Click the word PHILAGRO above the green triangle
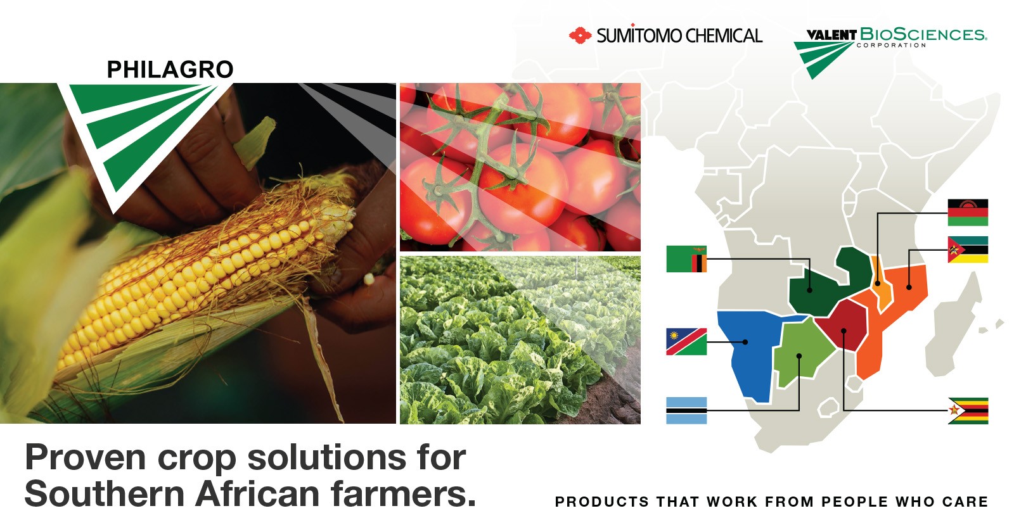click(170, 69)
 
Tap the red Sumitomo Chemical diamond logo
click(580, 35)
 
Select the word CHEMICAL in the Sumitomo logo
click(724, 35)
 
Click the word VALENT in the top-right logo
click(831, 35)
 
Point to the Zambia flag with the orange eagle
click(686, 259)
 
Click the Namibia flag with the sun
click(686, 341)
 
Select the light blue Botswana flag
click(686, 410)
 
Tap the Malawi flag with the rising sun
click(968, 213)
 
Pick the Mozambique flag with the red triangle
click(968, 250)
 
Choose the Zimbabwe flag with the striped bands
click(968, 411)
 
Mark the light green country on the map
click(801, 353)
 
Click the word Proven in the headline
click(86, 458)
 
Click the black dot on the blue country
click(745, 342)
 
